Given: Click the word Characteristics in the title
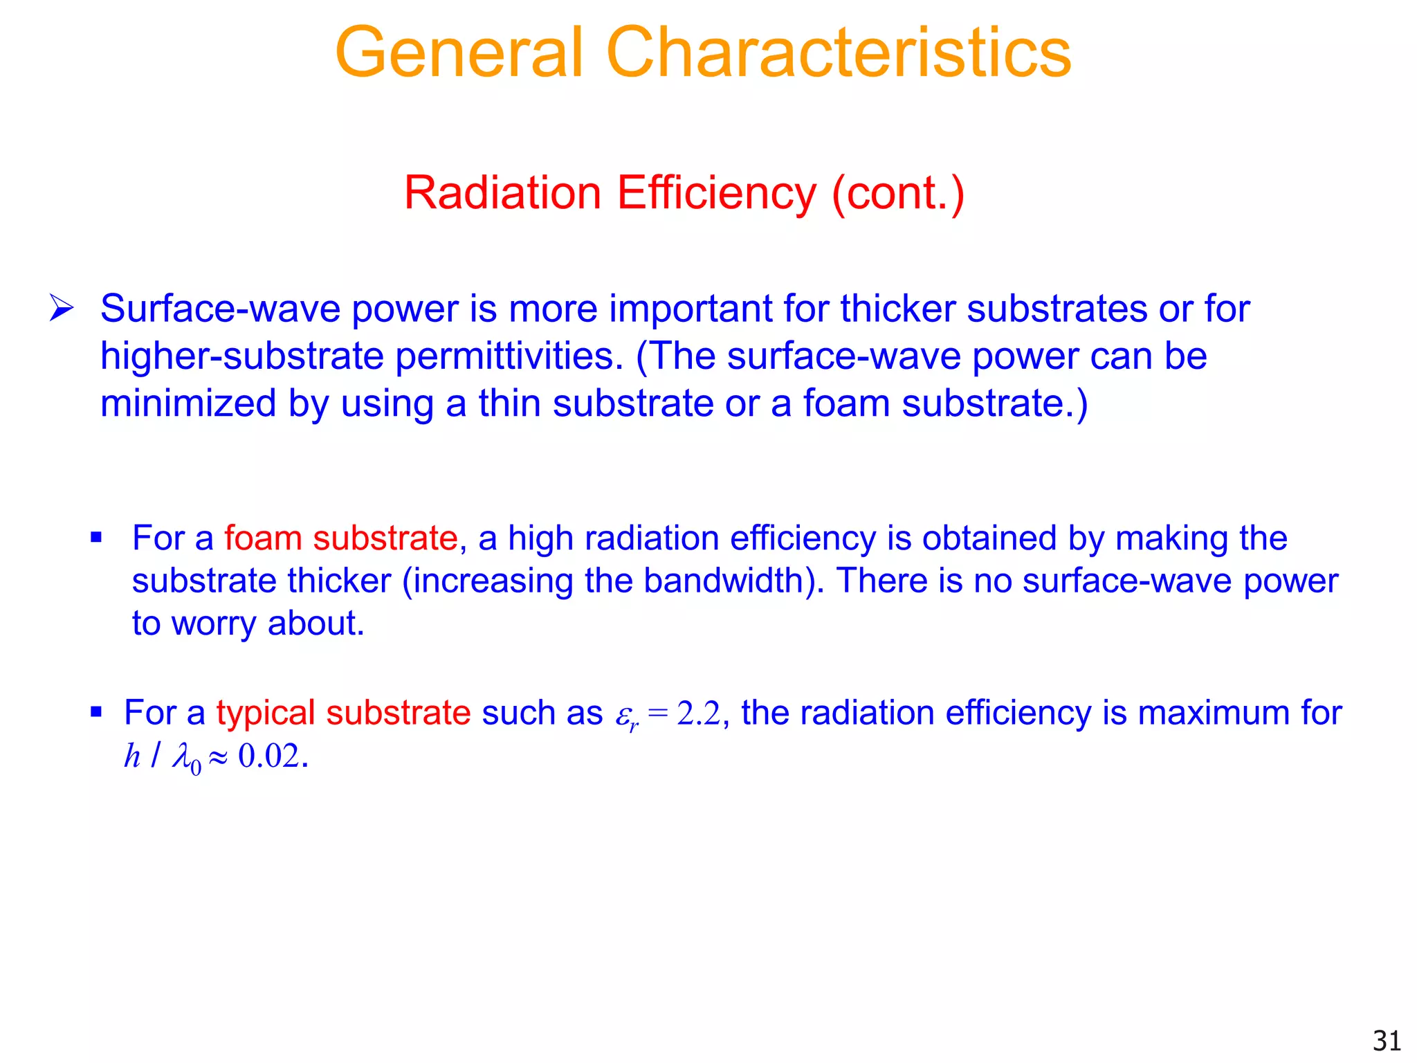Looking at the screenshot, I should [x=839, y=53].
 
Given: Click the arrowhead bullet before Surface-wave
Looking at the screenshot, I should [x=61, y=308].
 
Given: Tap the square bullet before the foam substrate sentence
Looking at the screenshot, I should [x=96, y=537].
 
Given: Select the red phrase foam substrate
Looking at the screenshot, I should [x=340, y=538].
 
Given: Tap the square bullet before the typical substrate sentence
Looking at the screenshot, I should [x=96, y=711].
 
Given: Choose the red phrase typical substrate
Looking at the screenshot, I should [x=343, y=713].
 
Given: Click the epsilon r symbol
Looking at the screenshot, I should [x=626, y=716].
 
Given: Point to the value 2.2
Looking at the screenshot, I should [x=699, y=713].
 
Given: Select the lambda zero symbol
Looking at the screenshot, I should [x=186, y=757].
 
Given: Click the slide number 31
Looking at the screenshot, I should [x=1387, y=1041].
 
